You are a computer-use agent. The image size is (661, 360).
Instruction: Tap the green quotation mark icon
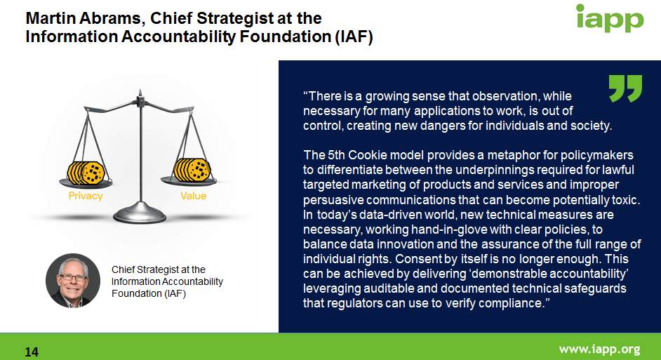pos(626,88)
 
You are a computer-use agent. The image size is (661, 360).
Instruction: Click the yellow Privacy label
pos(86,196)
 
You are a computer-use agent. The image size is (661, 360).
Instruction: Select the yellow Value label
pos(194,196)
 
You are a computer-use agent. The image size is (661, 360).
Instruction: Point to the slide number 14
pos(32,352)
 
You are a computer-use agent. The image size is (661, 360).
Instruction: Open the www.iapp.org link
pos(599,349)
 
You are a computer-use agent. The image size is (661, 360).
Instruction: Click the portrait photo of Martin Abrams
pos(73,280)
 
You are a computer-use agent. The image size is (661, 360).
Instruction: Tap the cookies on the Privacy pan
pos(86,173)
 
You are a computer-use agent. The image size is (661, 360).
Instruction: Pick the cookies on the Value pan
pos(192,170)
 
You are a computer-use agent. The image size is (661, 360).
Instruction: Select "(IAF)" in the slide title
pos(354,36)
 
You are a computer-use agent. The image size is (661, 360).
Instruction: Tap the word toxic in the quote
pos(627,200)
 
